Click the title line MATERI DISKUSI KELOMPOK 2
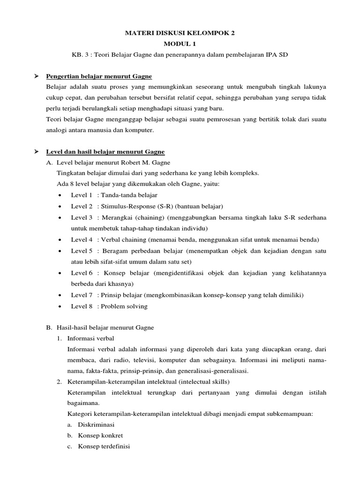coord(180,33)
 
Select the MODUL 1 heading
coord(180,44)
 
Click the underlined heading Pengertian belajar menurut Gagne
coord(98,76)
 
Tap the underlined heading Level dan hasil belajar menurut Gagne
coord(105,152)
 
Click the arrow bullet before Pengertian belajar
coord(36,76)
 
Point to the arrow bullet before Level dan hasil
coord(36,152)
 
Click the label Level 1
coord(82,195)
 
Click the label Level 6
coord(82,273)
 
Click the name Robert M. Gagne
coord(140,163)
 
